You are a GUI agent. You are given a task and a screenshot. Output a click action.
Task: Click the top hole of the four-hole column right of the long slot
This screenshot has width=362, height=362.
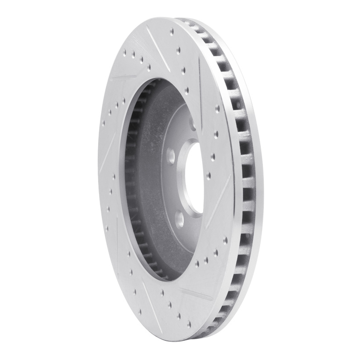pos(218,108)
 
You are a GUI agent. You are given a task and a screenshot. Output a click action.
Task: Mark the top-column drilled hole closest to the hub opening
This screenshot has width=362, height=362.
pos(186,70)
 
